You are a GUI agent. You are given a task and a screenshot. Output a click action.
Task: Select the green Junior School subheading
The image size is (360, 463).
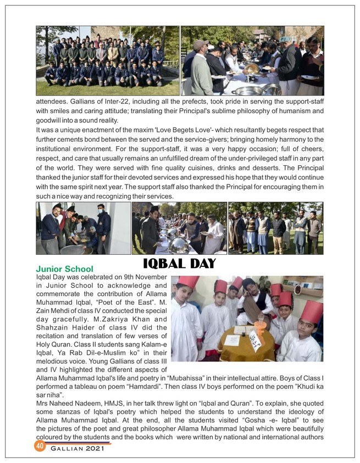(x=64, y=269)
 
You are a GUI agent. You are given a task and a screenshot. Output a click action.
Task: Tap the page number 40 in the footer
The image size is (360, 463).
(x=39, y=446)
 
